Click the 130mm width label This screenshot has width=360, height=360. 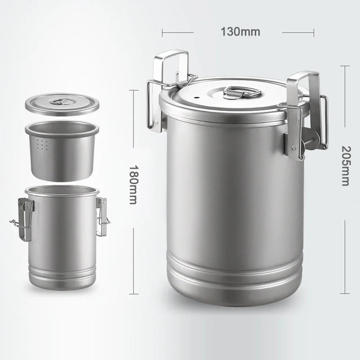[240, 32]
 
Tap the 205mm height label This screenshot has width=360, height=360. [345, 166]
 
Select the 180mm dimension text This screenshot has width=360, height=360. [133, 185]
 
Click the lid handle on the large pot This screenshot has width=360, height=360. [242, 92]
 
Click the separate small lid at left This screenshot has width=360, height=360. [62, 104]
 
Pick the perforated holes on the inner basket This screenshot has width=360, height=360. [42, 145]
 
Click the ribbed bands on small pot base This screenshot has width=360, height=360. [62, 275]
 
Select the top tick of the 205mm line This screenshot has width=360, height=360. [345, 66]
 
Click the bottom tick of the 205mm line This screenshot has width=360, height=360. [345, 293]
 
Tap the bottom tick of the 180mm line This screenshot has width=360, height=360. [134, 293]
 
